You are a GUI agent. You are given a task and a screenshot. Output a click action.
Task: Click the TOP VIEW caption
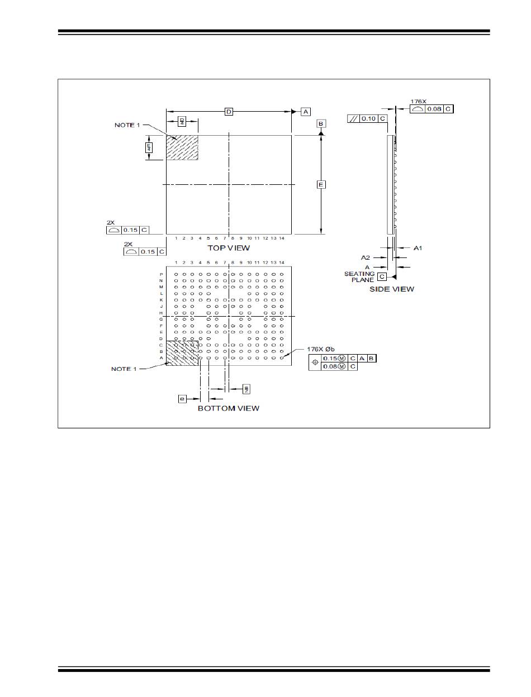229,247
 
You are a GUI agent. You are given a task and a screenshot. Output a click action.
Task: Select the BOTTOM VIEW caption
229,408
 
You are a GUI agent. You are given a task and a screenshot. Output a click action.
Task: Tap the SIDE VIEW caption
392,289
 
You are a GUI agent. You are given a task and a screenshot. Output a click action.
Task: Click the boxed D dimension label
229,112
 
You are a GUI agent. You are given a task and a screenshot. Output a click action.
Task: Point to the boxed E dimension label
321,184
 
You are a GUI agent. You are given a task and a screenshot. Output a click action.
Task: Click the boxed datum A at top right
306,112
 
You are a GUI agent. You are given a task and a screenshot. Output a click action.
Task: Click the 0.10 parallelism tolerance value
369,118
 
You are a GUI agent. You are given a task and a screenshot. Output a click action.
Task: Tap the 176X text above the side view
418,102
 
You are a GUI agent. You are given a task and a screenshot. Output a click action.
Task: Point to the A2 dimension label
365,257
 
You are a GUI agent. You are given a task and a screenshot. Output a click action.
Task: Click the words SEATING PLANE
359,276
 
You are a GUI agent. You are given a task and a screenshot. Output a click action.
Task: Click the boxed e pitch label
182,398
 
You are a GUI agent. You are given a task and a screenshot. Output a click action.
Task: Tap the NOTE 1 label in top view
127,125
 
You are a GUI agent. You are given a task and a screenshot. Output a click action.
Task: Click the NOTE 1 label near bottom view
124,369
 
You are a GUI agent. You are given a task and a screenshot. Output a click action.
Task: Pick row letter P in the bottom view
162,274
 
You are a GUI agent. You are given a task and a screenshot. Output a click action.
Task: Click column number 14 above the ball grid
282,262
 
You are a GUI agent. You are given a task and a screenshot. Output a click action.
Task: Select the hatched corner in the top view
182,147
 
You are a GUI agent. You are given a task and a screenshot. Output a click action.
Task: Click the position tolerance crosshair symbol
316,362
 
